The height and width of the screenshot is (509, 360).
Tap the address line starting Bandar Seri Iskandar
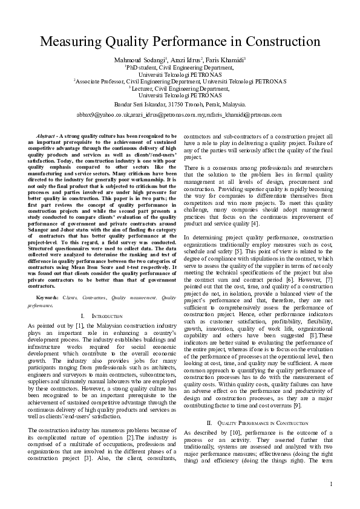click(x=180, y=103)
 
